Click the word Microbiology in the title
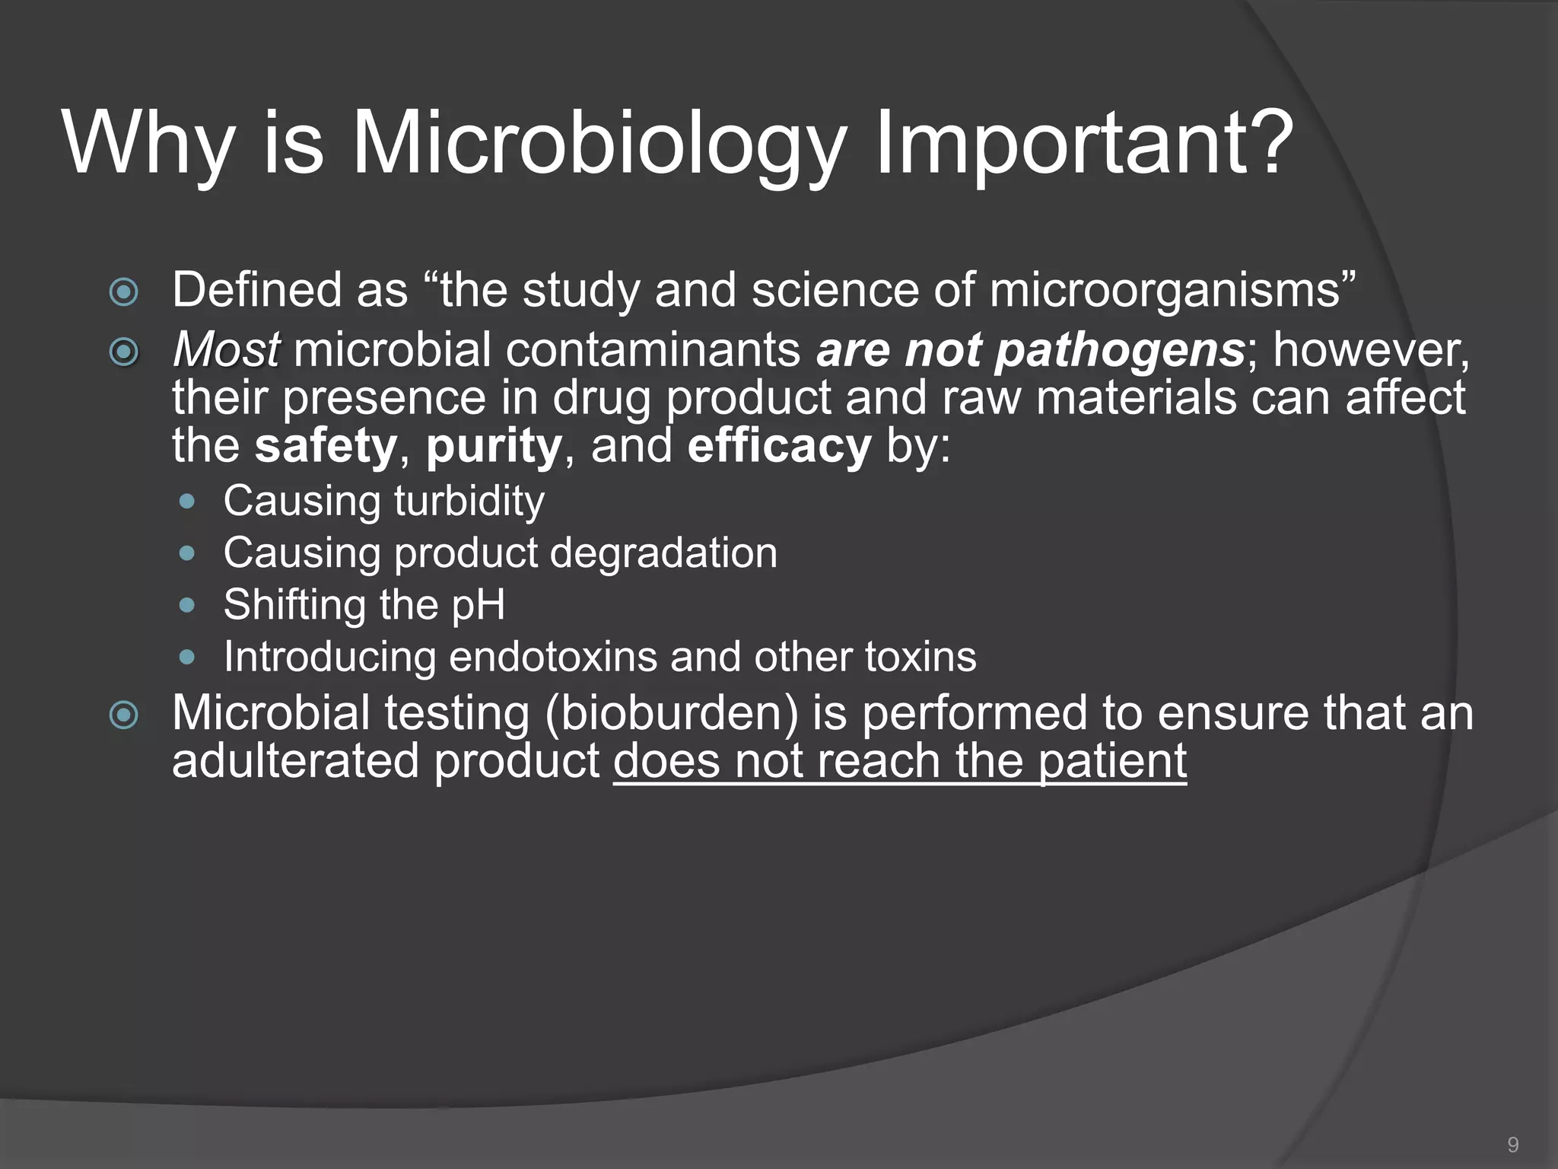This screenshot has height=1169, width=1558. click(x=598, y=145)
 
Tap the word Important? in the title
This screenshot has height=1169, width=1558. click(x=1084, y=145)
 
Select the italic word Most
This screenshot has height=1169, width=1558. click(x=226, y=350)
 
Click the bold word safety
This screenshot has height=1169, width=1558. click(x=326, y=446)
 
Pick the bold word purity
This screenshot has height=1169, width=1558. click(x=494, y=448)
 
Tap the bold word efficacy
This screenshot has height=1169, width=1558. click(x=778, y=446)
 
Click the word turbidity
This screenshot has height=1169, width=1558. click(x=469, y=502)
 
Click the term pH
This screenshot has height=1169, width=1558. click(x=478, y=606)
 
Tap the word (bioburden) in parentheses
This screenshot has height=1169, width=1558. click(x=672, y=715)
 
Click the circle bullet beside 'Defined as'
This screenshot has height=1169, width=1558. click(x=124, y=292)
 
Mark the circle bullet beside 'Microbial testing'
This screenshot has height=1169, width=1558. click(x=124, y=715)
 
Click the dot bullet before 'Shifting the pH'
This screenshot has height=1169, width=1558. click(x=187, y=605)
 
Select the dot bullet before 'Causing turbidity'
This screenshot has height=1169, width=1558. click(x=187, y=502)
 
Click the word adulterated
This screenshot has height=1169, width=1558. click(x=295, y=761)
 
